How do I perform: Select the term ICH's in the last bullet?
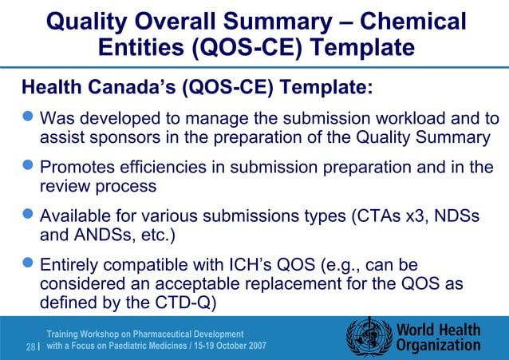(x=248, y=267)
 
